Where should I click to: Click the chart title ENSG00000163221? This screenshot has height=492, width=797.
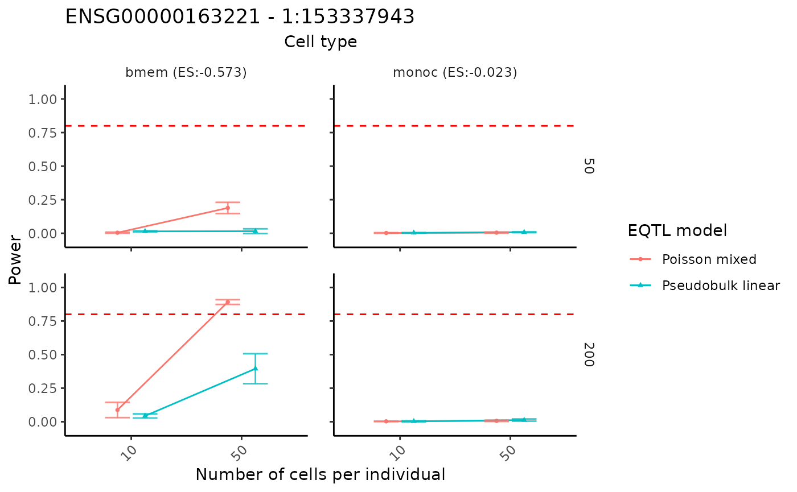pos(240,17)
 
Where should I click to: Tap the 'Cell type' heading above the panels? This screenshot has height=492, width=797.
pos(321,42)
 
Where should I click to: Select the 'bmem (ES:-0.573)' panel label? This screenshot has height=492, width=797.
pos(186,73)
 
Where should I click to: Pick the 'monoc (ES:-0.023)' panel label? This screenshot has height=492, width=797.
pos(455,73)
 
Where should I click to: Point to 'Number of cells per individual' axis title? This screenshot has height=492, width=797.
pos(320,474)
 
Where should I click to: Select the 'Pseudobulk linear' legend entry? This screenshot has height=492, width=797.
pos(721,286)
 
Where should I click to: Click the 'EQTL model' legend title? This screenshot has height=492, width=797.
pos(677,231)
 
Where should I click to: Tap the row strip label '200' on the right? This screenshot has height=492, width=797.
pos(589,354)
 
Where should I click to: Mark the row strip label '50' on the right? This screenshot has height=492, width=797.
pos(589,166)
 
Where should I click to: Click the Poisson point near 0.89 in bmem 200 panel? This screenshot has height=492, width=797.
pos(228,302)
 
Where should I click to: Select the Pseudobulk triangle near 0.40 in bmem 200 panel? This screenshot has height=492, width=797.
pos(255,369)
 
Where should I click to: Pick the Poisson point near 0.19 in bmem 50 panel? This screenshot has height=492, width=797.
pos(228,208)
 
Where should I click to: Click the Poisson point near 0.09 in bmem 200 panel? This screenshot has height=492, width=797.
pos(117,410)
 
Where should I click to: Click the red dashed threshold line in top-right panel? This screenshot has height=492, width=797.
pos(455,126)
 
